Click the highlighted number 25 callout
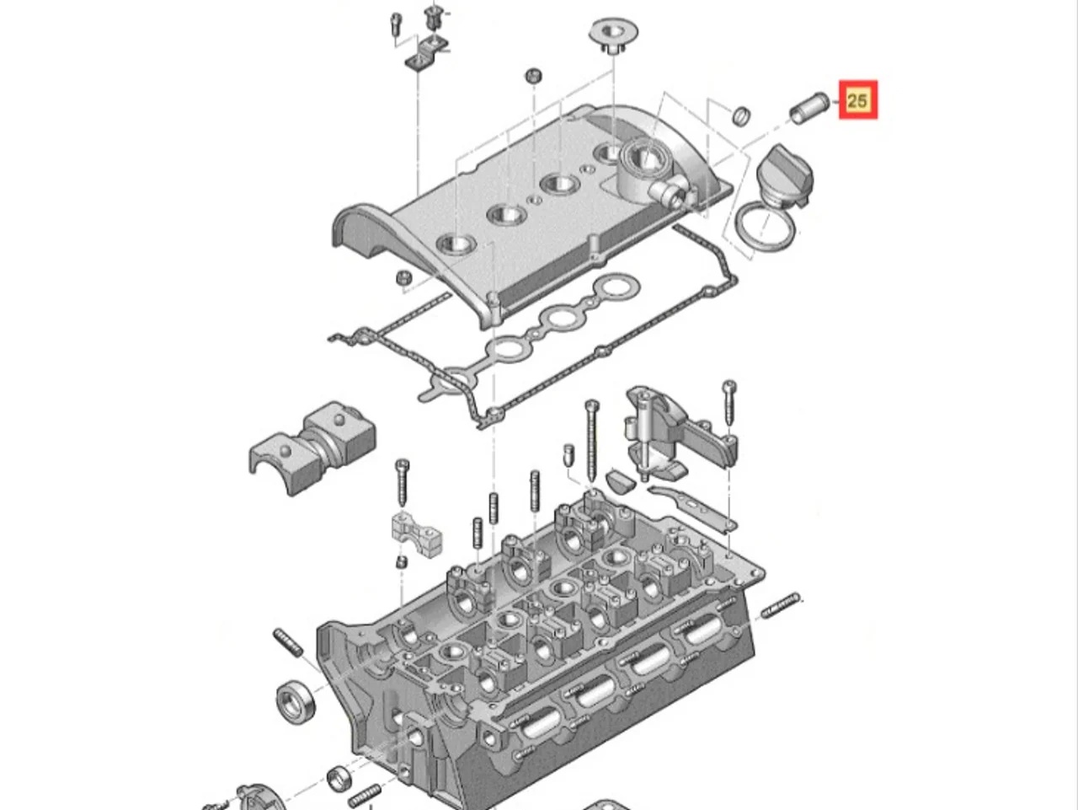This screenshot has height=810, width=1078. (x=857, y=100)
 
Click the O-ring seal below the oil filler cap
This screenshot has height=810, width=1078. (x=764, y=229)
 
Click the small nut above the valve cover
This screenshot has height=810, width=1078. (x=533, y=75)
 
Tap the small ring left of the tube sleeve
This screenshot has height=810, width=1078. (x=740, y=115)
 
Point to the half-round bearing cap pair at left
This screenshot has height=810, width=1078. (x=312, y=444)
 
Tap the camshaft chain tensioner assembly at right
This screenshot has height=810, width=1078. (x=674, y=434)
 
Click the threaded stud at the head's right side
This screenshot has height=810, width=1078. (x=781, y=604)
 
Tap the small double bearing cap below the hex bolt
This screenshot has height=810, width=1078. (x=416, y=532)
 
